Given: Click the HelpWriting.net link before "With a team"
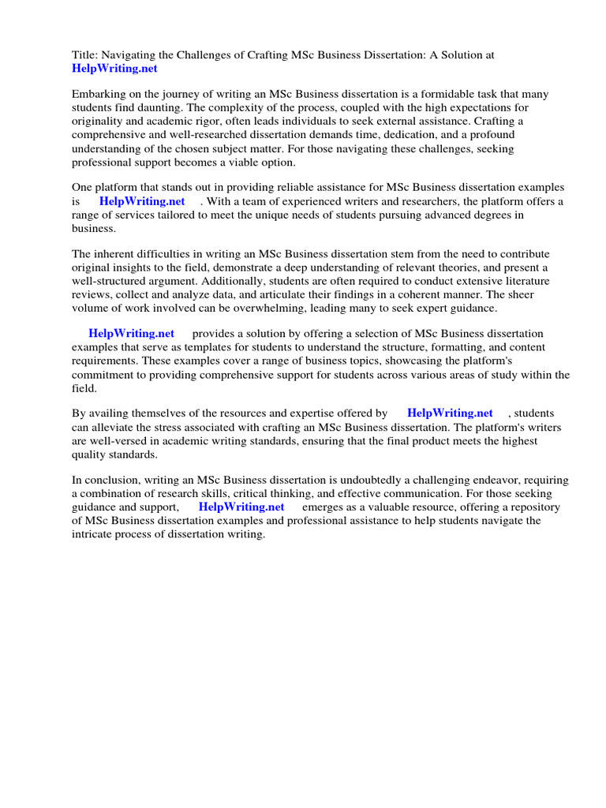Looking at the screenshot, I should [142, 201].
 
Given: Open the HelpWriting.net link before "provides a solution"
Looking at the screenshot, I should [132, 334].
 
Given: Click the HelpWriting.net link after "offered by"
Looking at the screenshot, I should [450, 413].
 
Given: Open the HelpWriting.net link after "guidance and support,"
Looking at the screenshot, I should [241, 507].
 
